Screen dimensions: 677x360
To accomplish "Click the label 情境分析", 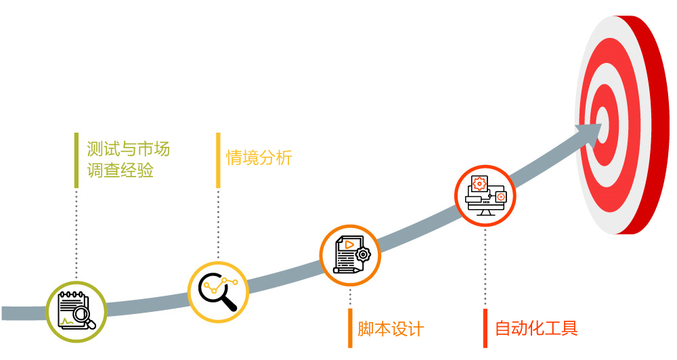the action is (259, 158).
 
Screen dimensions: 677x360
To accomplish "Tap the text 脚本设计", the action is (391, 329).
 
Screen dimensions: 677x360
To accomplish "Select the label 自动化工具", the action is (536, 328).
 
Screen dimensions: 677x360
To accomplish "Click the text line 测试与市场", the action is (128, 149).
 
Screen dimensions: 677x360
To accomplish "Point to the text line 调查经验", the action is (121, 170).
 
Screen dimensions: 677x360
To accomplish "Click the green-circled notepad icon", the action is (77, 311).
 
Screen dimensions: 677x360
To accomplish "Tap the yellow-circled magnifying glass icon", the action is (219, 292).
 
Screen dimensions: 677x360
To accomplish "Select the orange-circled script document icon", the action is (350, 255).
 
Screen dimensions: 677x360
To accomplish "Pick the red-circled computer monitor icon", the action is (485, 196).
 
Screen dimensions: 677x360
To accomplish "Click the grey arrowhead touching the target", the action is (590, 131).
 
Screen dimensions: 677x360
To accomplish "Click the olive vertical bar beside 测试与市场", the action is (77, 160).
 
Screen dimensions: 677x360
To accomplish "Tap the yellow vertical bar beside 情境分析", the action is (218, 160).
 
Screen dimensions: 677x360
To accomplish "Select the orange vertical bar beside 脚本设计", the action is (350, 328).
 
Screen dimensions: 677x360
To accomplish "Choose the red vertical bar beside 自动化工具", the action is (485, 328).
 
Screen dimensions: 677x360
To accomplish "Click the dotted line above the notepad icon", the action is (77, 234).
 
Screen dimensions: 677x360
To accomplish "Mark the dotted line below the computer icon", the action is (485, 267).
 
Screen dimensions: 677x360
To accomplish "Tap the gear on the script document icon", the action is (363, 254).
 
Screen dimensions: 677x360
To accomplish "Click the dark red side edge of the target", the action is (652, 125).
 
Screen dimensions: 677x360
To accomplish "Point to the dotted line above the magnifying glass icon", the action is (218, 225).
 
